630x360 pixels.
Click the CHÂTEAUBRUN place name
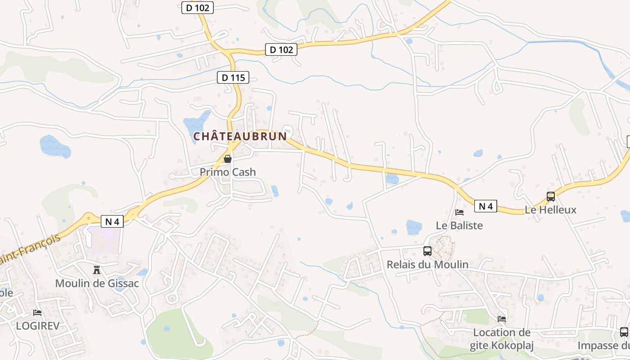(x=240, y=136)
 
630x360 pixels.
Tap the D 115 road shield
(x=233, y=77)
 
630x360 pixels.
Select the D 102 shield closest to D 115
(x=281, y=49)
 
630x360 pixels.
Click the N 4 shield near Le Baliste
(x=486, y=207)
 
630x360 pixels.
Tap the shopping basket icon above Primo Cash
(x=228, y=159)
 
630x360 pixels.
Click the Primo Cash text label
(x=228, y=172)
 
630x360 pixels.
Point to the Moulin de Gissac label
(x=97, y=283)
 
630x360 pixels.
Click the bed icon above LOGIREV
(x=37, y=313)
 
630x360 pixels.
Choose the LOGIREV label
(x=37, y=326)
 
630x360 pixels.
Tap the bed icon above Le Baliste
(x=459, y=212)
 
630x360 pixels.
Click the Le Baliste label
(x=459, y=225)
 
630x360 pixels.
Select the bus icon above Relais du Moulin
(x=427, y=251)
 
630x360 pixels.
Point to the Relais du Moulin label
(x=427, y=265)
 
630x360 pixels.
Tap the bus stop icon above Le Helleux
(x=551, y=197)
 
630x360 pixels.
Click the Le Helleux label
(x=551, y=210)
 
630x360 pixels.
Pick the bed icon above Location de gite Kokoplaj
(x=502, y=319)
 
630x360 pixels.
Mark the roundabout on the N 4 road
(x=88, y=219)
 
